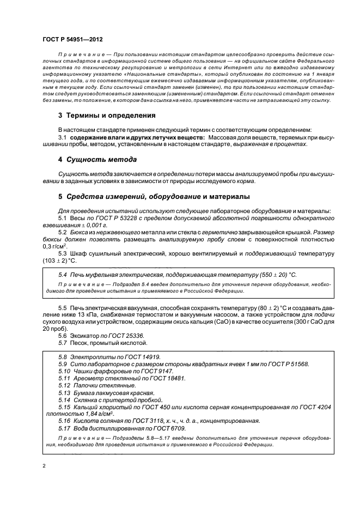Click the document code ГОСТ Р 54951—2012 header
click(72, 40)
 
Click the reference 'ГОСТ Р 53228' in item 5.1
click(111, 217)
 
